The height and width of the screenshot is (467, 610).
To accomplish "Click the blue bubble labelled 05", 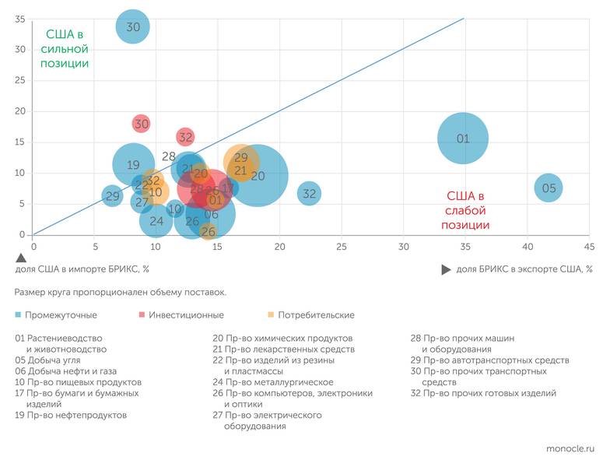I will tap(549, 188).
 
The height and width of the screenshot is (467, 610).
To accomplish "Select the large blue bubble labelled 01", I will tap(463, 139).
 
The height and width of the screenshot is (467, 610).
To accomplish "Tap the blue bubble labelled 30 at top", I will tap(133, 26).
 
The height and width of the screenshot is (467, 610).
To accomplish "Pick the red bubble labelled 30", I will tap(141, 123).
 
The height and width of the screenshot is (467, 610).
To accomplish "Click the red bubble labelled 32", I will tap(185, 137).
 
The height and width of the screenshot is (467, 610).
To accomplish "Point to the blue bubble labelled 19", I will tap(133, 164).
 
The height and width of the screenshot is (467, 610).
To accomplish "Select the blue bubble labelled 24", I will tap(156, 221).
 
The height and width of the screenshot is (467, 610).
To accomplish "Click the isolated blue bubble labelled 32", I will tap(309, 193).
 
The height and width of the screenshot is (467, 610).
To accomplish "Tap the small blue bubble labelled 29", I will tap(113, 196).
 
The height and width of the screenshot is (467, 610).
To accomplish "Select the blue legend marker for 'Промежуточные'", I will tap(18, 315).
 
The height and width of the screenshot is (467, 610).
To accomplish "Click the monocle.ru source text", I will tap(570, 449).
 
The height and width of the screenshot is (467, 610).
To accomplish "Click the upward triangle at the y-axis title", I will tap(21, 257).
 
